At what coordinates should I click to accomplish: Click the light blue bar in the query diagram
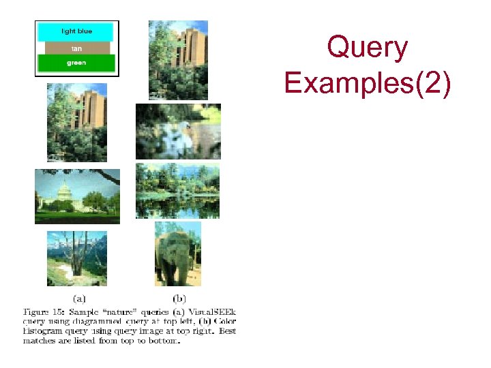pos(76,31)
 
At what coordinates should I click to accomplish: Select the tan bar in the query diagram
pos(76,48)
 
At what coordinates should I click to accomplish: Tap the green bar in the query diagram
pos(76,63)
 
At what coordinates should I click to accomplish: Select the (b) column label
pos(179,297)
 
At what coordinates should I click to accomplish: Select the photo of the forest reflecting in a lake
pos(177,190)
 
